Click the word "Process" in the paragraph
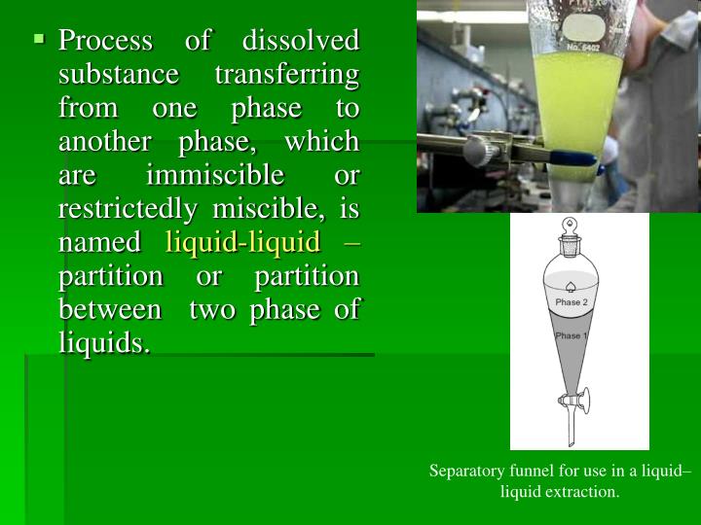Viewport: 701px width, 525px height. pos(106,42)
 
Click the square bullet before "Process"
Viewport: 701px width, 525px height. pos(39,39)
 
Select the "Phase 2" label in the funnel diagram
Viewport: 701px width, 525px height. pos(572,302)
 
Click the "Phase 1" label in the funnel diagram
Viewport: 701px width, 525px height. pos(571,335)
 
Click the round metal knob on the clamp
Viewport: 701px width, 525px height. pos(477,150)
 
